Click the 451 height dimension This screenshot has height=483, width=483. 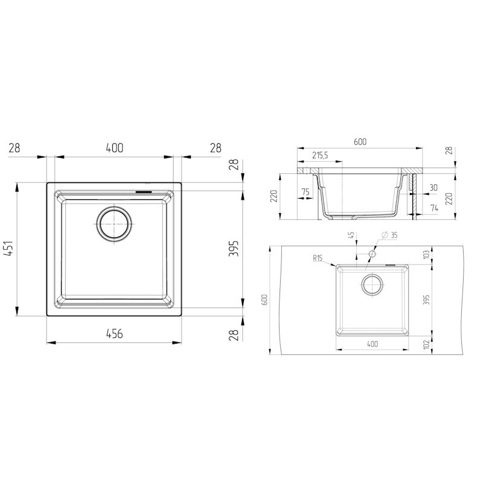click(x=8, y=248)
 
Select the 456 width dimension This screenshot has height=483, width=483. click(x=114, y=334)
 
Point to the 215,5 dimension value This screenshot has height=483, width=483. click(x=320, y=156)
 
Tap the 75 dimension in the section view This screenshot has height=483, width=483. click(x=305, y=192)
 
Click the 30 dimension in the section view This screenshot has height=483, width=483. click(x=433, y=188)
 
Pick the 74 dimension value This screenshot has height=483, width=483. click(x=434, y=208)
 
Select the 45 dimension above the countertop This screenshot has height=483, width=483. click(x=352, y=235)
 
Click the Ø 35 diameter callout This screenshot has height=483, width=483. click(x=389, y=235)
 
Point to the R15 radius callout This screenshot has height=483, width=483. click(x=318, y=258)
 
